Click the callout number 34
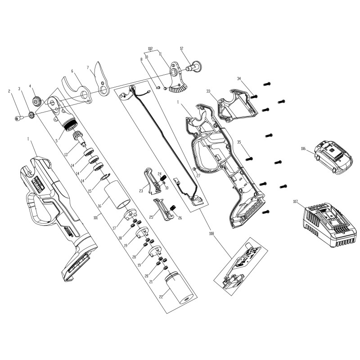(x=239, y=79)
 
